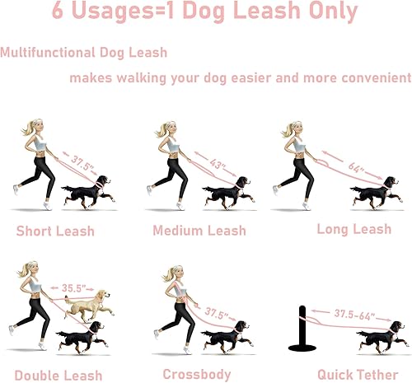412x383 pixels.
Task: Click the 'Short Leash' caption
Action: (56, 231)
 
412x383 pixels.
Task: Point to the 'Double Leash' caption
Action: (59, 376)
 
